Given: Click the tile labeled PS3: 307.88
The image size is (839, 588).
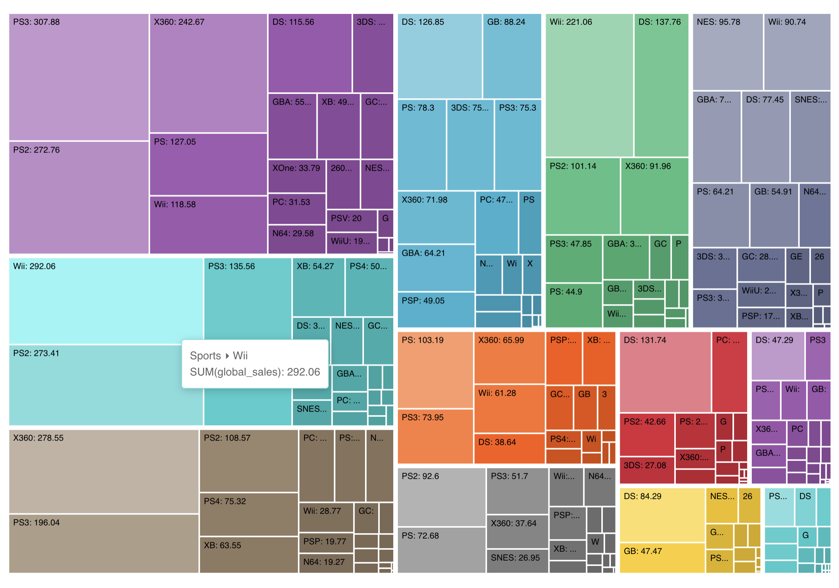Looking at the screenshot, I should pyautogui.click(x=79, y=77).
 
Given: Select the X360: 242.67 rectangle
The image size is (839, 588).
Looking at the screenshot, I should pyautogui.click(x=208, y=73).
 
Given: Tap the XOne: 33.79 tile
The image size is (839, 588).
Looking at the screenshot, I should pyautogui.click(x=296, y=176).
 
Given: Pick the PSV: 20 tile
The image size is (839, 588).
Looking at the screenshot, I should pyautogui.click(x=351, y=221).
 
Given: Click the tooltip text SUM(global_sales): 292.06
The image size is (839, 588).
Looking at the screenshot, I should pyautogui.click(x=255, y=372).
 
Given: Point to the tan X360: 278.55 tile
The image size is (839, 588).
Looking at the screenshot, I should pyautogui.click(x=103, y=471).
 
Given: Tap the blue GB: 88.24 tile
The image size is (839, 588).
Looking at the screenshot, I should pyautogui.click(x=512, y=56).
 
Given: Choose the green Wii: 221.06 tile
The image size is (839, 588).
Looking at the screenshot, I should pyautogui.click(x=589, y=85).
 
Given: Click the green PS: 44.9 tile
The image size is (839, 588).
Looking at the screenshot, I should pyautogui.click(x=573, y=305).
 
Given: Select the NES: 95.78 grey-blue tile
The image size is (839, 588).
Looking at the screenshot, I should pyautogui.click(x=728, y=52).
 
